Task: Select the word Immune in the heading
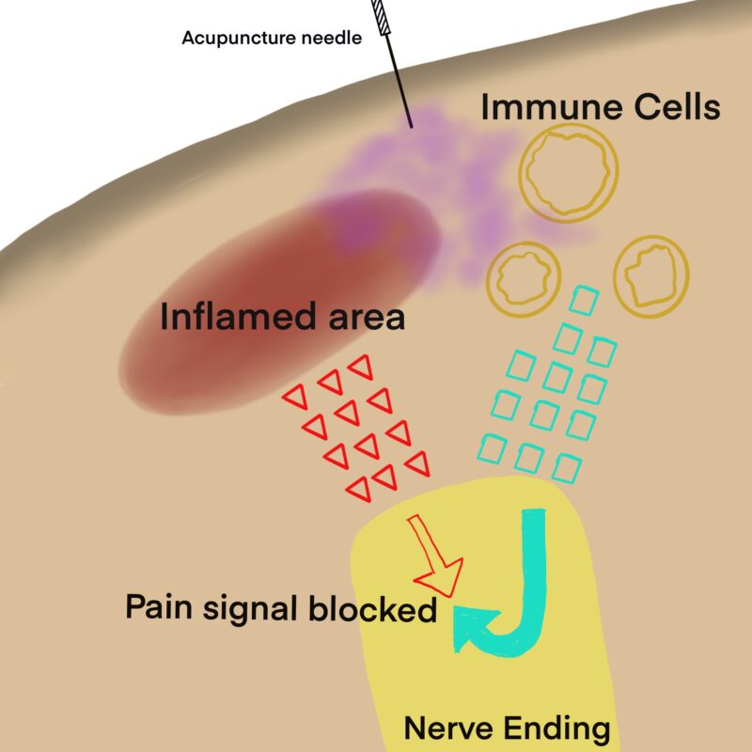[543, 108]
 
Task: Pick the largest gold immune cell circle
[571, 170]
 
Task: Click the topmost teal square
[584, 301]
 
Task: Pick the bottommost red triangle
[358, 488]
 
